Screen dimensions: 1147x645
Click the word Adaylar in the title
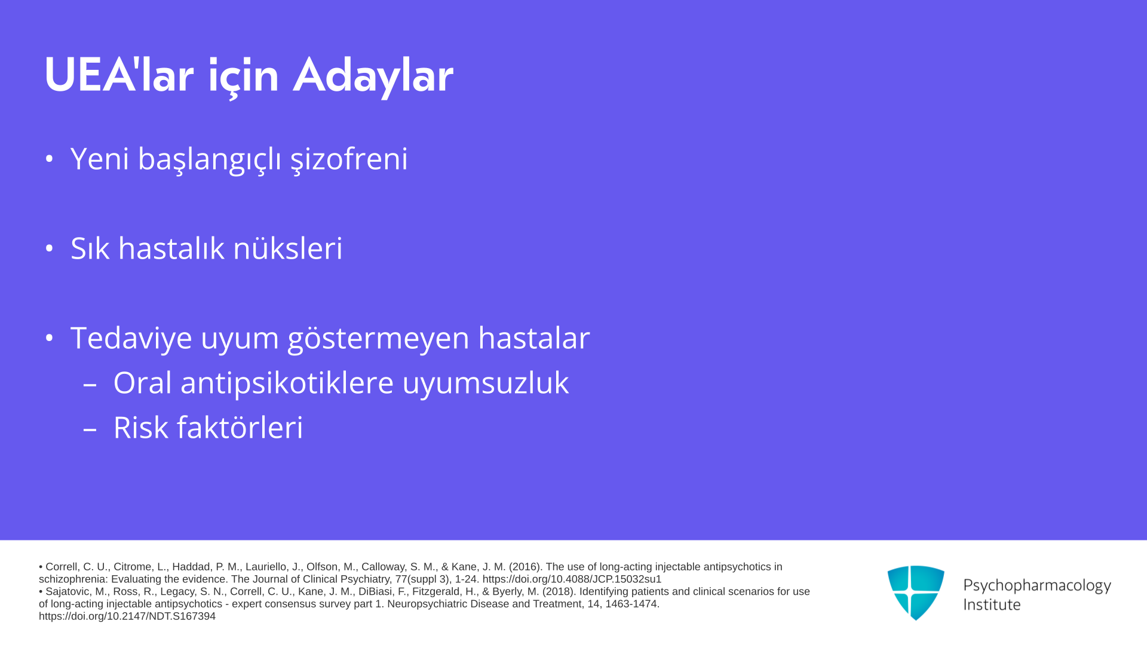[x=373, y=76]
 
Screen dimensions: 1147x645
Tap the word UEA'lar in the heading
[x=119, y=75]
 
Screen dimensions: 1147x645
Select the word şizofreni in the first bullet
[x=349, y=159]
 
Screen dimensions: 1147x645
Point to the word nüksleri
[x=287, y=248]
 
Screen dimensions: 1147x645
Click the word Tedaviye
[x=132, y=339]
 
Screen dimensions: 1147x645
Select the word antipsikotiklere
[x=287, y=383]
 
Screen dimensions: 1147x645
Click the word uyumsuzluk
[x=485, y=383]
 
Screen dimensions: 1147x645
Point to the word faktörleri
[x=240, y=428]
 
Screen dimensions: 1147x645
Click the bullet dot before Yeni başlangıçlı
[x=50, y=159]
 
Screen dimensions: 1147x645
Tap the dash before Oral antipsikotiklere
[x=90, y=384]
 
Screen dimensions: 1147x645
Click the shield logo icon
[x=916, y=592]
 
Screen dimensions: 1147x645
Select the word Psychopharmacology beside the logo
[x=1037, y=586]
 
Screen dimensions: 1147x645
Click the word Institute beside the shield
[x=992, y=605]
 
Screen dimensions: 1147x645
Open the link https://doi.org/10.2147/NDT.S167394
[x=127, y=616]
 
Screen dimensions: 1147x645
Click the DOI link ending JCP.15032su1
[x=572, y=579]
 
